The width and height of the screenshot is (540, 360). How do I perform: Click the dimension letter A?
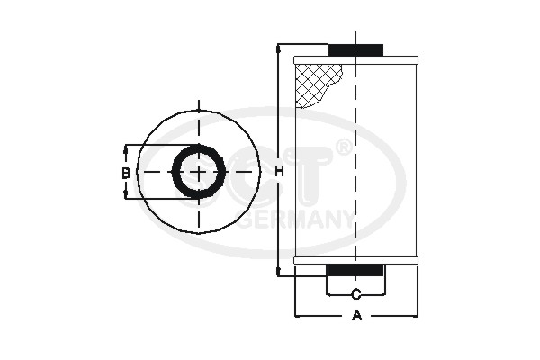pyautogui.click(x=356, y=316)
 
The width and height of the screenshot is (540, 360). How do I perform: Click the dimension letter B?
pyautogui.click(x=127, y=172)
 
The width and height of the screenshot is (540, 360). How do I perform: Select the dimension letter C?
pyautogui.click(x=356, y=294)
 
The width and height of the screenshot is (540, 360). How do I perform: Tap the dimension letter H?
pyautogui.click(x=279, y=172)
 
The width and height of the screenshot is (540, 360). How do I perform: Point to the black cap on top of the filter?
pyautogui.click(x=356, y=49)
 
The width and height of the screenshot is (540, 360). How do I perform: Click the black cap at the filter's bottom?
pyautogui.click(x=356, y=270)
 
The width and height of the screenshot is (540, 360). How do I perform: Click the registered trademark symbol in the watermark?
pyautogui.click(x=344, y=147)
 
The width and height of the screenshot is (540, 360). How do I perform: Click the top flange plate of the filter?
pyautogui.click(x=356, y=59)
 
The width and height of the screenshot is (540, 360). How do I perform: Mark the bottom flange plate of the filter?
pyautogui.click(x=356, y=260)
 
